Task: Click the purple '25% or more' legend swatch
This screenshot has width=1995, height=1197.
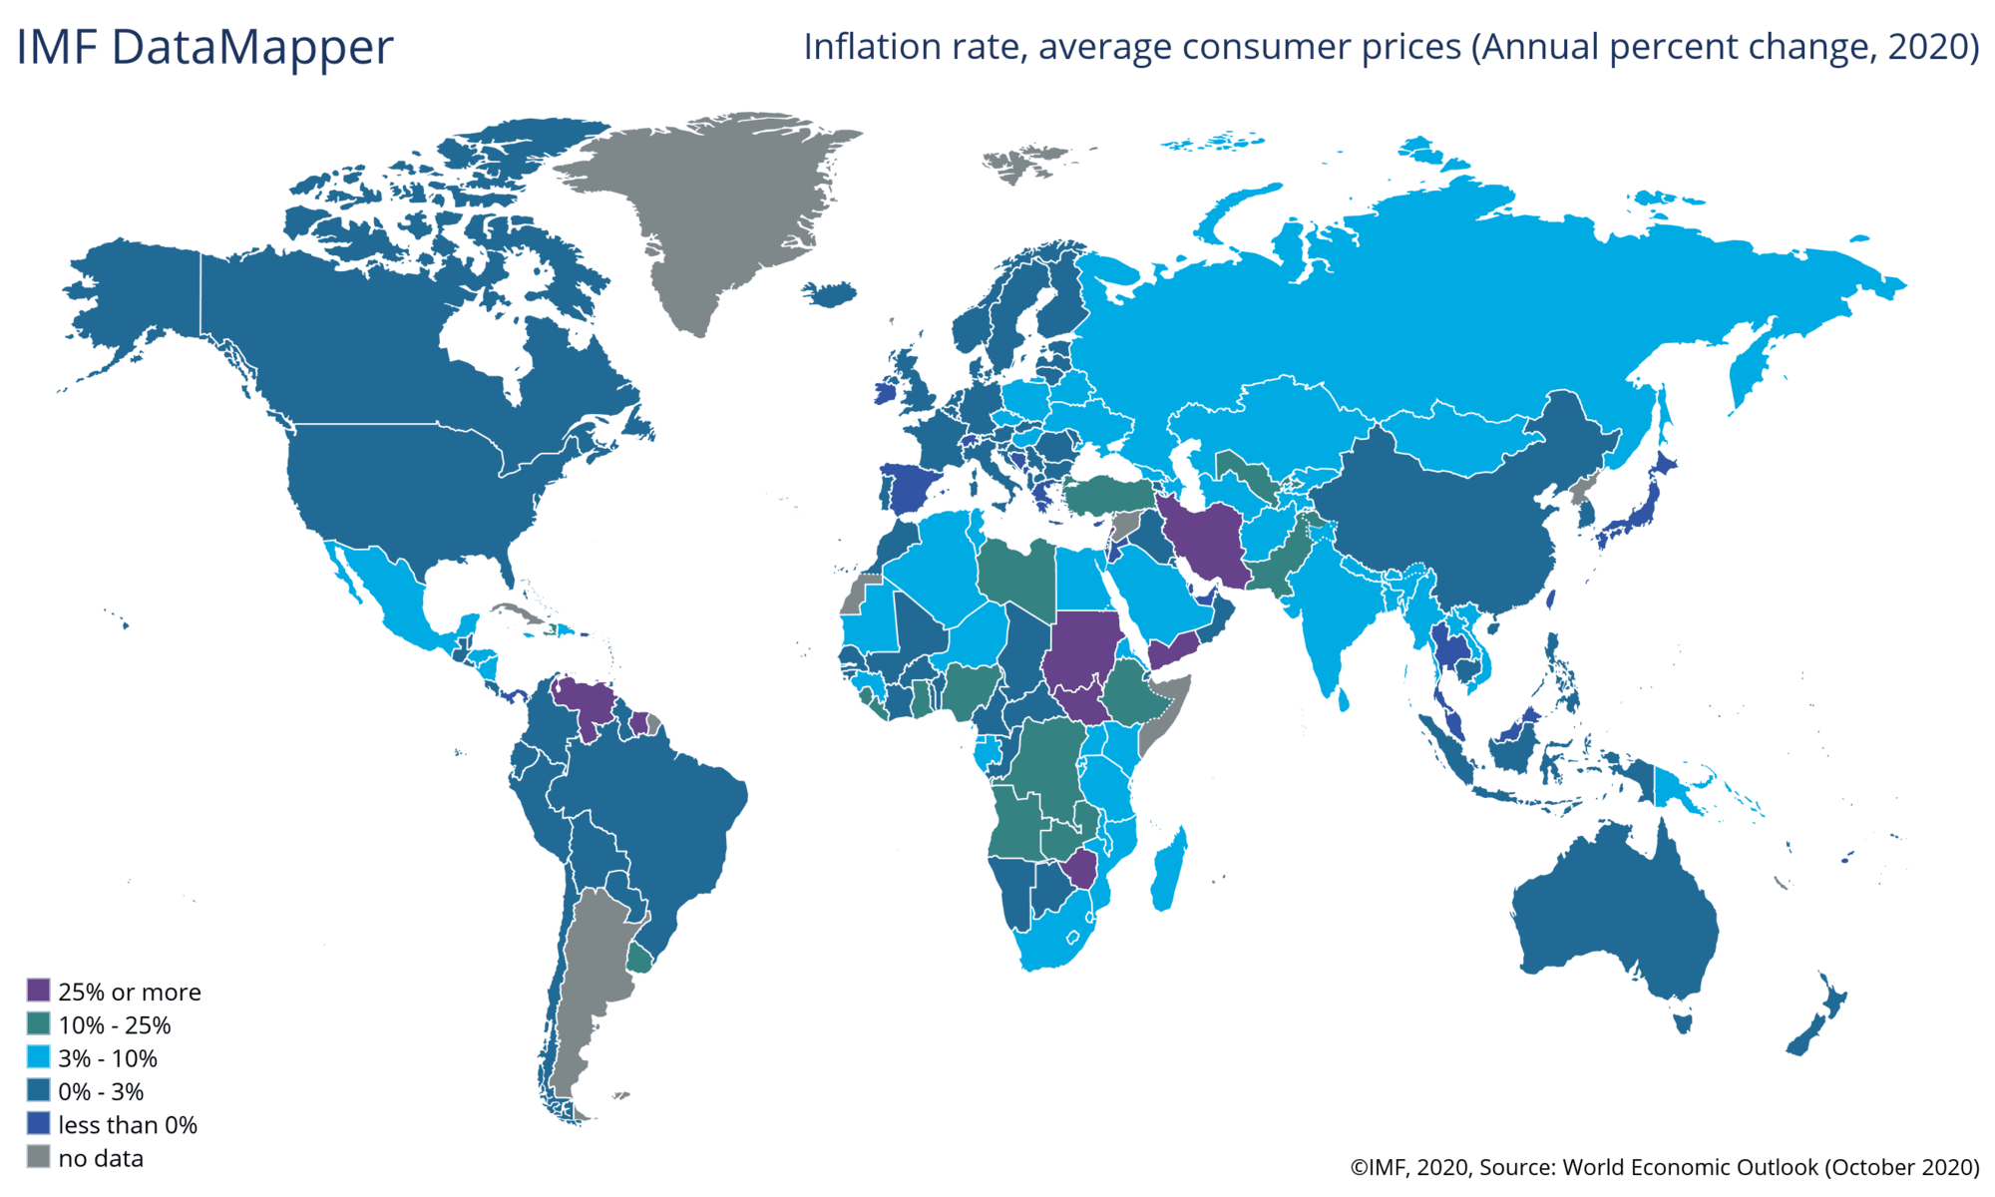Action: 38,991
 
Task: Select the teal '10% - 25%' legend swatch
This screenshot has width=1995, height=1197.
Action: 38,1024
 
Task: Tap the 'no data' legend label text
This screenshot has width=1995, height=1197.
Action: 101,1158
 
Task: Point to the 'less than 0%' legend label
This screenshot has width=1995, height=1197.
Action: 128,1125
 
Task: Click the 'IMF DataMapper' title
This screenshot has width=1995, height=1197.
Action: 205,47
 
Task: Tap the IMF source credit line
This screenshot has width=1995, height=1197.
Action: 1665,1167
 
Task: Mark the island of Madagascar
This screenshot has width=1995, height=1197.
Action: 1169,870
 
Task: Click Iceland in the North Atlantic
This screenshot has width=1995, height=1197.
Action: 829,294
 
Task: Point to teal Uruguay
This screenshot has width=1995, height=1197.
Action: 639,959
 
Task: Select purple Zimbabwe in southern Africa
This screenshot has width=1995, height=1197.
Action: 1081,869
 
